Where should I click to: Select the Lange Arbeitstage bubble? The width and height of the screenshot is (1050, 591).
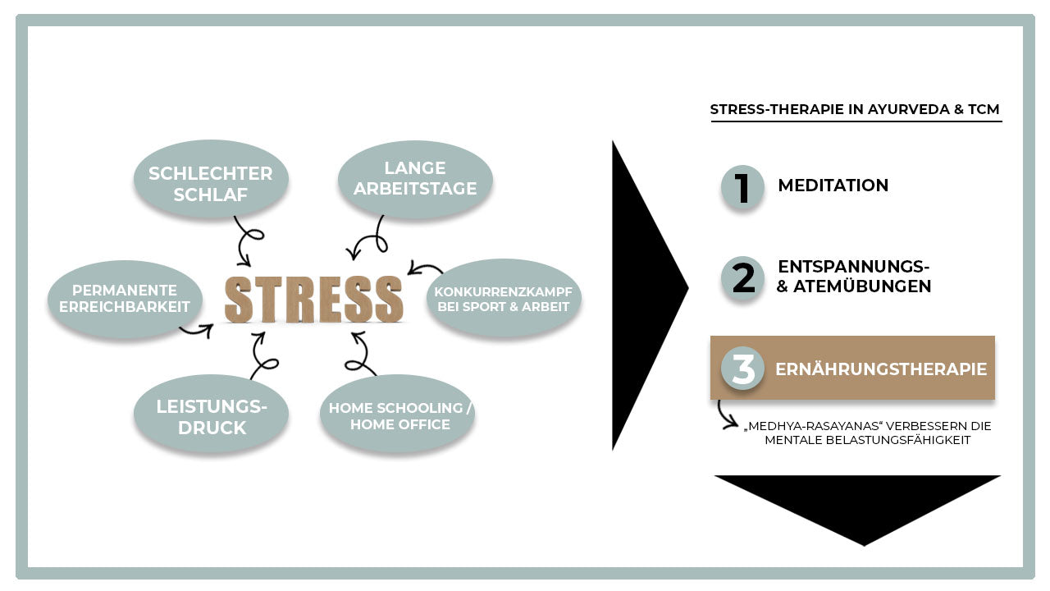tap(415, 179)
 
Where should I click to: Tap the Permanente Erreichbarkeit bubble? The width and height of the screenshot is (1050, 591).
tap(125, 299)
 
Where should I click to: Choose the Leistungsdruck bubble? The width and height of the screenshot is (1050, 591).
tap(212, 417)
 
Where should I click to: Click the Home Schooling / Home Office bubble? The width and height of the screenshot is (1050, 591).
tap(399, 415)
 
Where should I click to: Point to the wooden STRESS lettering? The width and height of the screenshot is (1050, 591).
tap(314, 299)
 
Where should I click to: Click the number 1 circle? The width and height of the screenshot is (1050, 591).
tap(742, 187)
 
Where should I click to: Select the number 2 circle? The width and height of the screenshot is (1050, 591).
tap(742, 278)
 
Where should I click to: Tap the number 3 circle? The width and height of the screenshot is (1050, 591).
tap(742, 369)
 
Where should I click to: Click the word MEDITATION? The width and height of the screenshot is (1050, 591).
tap(833, 186)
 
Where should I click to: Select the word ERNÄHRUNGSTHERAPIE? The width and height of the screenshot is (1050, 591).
tap(880, 369)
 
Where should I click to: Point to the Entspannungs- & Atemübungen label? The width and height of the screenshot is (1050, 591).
tap(853, 277)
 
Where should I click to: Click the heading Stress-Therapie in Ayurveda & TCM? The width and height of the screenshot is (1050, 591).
tap(854, 109)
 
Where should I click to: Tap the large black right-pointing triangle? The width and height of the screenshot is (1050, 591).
tap(644, 291)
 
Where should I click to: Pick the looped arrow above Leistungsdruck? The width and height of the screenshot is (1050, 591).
tap(264, 355)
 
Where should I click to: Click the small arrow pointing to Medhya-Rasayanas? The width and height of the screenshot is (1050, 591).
tap(725, 414)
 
